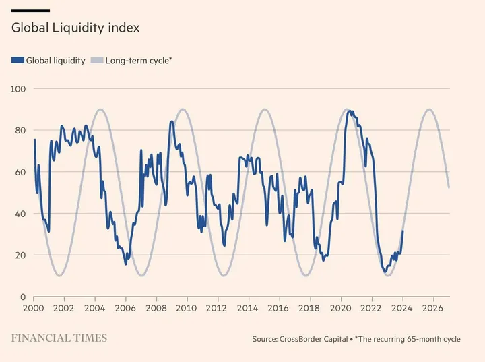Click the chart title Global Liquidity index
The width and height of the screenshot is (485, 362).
[x=75, y=28]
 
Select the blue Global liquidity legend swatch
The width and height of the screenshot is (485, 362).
[x=18, y=61]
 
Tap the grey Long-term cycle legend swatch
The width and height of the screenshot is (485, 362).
[x=97, y=61]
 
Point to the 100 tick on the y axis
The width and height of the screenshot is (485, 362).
[x=18, y=89]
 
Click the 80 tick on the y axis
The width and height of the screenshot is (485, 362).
[x=20, y=131]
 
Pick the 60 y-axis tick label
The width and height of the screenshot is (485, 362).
[x=20, y=172]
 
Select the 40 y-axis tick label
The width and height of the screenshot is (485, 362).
[x=20, y=214]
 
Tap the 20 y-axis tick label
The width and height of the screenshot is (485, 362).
[x=20, y=255]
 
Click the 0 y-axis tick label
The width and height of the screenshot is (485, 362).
[x=22, y=297]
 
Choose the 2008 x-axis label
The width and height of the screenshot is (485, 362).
[x=156, y=309]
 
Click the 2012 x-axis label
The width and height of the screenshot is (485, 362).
[x=217, y=309]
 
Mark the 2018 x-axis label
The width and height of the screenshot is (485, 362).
[x=309, y=309]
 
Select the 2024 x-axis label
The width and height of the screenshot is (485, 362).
[x=402, y=309]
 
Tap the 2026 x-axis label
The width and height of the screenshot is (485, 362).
[x=432, y=309]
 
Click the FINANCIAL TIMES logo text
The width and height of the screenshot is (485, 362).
[x=59, y=338]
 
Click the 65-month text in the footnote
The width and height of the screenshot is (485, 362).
[x=422, y=339]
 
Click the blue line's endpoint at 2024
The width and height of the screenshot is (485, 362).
[x=403, y=231]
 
